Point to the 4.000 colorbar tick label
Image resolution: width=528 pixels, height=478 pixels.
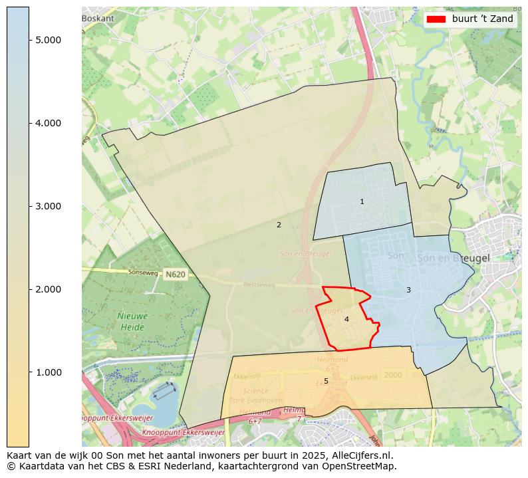49,123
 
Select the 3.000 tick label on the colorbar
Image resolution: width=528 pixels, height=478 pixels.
49,206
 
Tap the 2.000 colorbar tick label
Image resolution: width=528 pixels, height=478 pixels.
49,289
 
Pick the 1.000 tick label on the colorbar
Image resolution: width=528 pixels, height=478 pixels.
49,372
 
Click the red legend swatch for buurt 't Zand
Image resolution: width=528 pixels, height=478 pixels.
436,19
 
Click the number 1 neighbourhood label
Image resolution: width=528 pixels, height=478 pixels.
362,201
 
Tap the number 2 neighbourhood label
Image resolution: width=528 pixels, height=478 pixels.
279,225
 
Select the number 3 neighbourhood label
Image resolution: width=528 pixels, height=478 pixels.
408,290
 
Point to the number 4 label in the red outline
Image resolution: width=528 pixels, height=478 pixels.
346,319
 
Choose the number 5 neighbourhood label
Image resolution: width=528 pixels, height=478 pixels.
326,381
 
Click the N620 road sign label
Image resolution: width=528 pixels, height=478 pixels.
176,274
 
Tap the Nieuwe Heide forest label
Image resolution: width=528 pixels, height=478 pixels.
132,321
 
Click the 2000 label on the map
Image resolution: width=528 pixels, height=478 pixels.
393,375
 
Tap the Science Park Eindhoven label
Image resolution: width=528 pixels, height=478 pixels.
255,396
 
